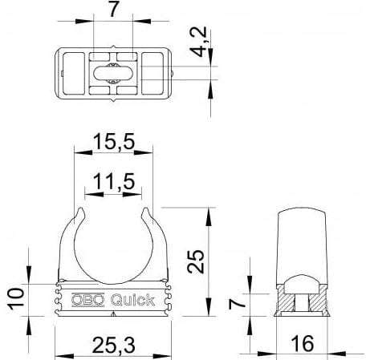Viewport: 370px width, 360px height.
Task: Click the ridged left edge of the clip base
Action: [58, 300]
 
